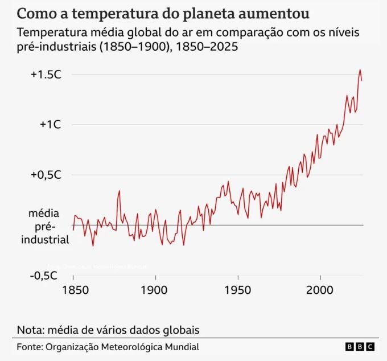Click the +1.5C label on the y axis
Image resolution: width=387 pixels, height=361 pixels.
coord(46,75)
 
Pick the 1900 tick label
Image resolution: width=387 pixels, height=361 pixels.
coord(155,290)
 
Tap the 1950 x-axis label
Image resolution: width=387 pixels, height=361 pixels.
coord(238,290)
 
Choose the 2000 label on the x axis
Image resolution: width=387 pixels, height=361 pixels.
coord(320,290)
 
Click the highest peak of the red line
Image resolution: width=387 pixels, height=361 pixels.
coord(360,70)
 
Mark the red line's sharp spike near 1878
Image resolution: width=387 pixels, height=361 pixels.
coord(119,191)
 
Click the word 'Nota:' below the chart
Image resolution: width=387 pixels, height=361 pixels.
coord(30,330)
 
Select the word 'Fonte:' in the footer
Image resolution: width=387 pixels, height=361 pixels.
coord(28,347)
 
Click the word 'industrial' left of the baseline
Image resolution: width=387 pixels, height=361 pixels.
coord(44,239)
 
